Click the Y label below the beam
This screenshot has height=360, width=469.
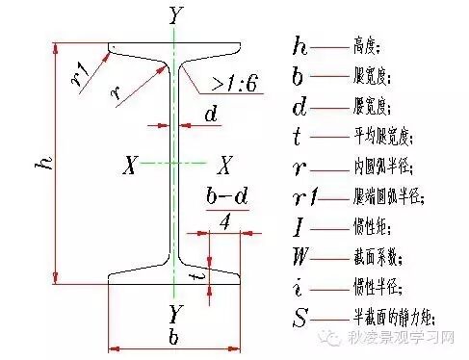[174, 314]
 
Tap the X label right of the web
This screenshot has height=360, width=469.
[223, 165]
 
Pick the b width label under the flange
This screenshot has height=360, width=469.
[173, 340]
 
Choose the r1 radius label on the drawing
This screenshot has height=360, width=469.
[82, 68]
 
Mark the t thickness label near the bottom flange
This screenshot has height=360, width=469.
[198, 274]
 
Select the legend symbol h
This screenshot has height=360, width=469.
[300, 45]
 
